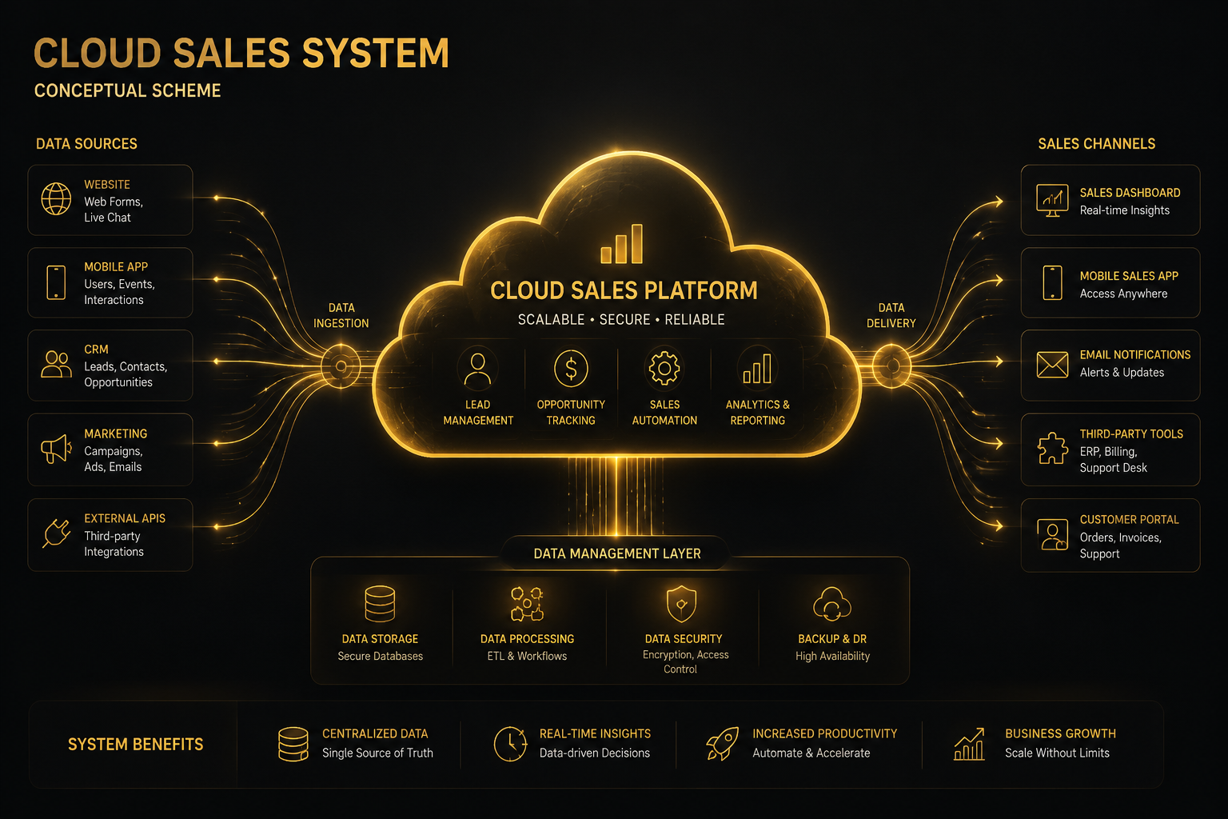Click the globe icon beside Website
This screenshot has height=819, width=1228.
coord(56,198)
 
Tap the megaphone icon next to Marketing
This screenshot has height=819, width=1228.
coord(56,449)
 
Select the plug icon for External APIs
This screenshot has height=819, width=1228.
coord(57,533)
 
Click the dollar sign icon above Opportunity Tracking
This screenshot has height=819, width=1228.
coord(571,368)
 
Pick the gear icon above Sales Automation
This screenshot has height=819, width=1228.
coord(664,368)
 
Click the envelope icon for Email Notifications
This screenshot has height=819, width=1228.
coord(1052,365)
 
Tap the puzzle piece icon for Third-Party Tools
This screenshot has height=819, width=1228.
coord(1052,449)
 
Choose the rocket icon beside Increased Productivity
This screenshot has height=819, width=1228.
coord(722,744)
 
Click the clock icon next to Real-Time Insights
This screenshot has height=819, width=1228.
coord(510,744)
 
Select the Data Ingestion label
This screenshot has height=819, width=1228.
coord(341,315)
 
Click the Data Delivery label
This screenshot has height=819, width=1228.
coord(891,315)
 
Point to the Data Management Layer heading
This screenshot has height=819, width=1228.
coord(617,553)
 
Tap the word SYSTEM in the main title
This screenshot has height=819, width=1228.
coord(376,54)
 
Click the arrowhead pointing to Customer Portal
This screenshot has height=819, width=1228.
coord(999,525)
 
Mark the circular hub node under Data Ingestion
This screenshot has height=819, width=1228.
coord(341,366)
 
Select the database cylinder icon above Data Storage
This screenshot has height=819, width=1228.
coord(380,603)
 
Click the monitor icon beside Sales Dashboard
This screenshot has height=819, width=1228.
coord(1052,200)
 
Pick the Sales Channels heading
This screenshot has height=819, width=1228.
coord(1096,144)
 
